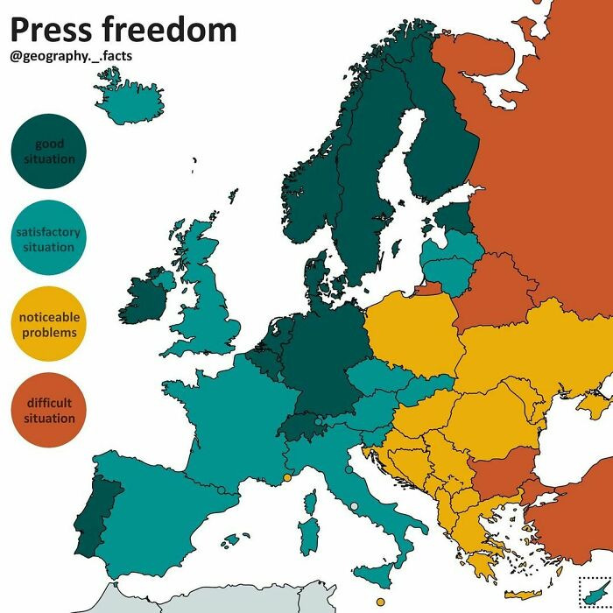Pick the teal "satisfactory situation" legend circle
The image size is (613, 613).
click(x=49, y=239)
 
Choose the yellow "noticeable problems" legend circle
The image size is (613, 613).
click(x=49, y=325)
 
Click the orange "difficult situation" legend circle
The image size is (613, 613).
click(x=49, y=411)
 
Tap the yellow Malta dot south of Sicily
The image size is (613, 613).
click(x=379, y=602)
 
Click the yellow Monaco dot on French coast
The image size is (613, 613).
click(x=286, y=478)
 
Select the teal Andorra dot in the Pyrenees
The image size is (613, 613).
click(x=222, y=490)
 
